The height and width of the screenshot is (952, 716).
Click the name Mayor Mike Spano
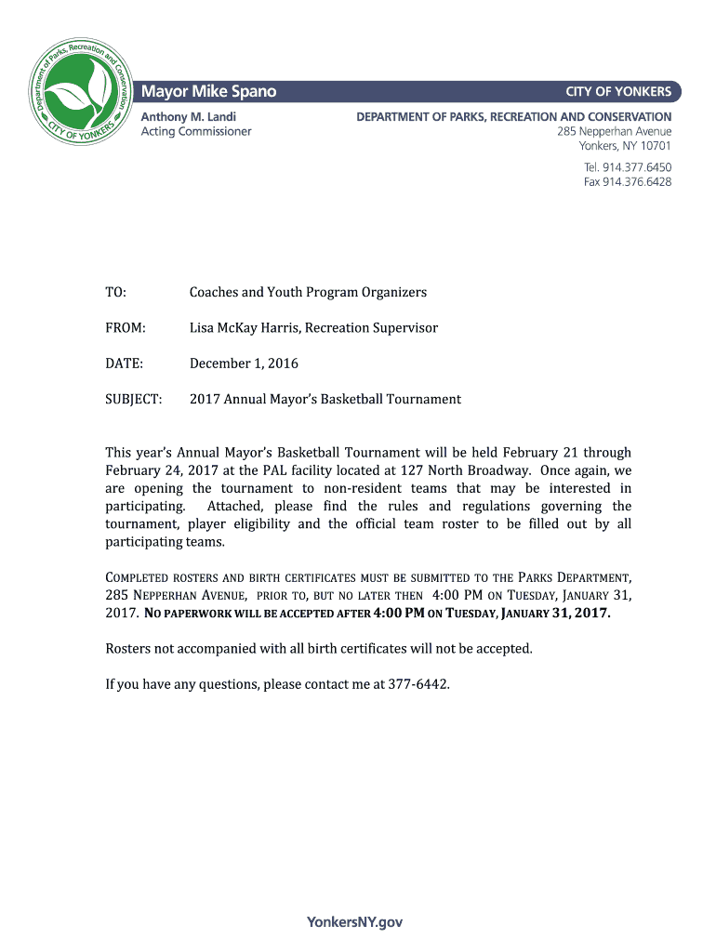pyautogui.click(x=208, y=91)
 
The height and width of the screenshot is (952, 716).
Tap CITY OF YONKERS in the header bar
pyautogui.click(x=618, y=91)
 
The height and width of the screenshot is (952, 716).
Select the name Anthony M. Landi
pyautogui.click(x=188, y=116)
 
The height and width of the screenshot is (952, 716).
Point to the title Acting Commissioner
pyautogui.click(x=195, y=131)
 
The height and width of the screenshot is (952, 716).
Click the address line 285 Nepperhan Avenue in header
pyautogui.click(x=614, y=131)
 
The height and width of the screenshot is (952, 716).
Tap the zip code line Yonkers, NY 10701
pyautogui.click(x=625, y=146)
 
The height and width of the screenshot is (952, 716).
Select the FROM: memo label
pyautogui.click(x=126, y=327)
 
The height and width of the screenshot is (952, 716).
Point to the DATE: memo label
pyautogui.click(x=124, y=364)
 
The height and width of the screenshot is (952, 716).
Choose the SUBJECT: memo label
pyautogui.click(x=133, y=399)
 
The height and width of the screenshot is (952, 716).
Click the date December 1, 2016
pyautogui.click(x=244, y=364)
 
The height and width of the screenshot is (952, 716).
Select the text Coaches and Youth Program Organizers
pyautogui.click(x=308, y=292)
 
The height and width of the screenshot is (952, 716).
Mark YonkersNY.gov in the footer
pyautogui.click(x=354, y=922)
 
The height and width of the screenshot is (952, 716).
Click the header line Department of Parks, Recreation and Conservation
pyautogui.click(x=514, y=116)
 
